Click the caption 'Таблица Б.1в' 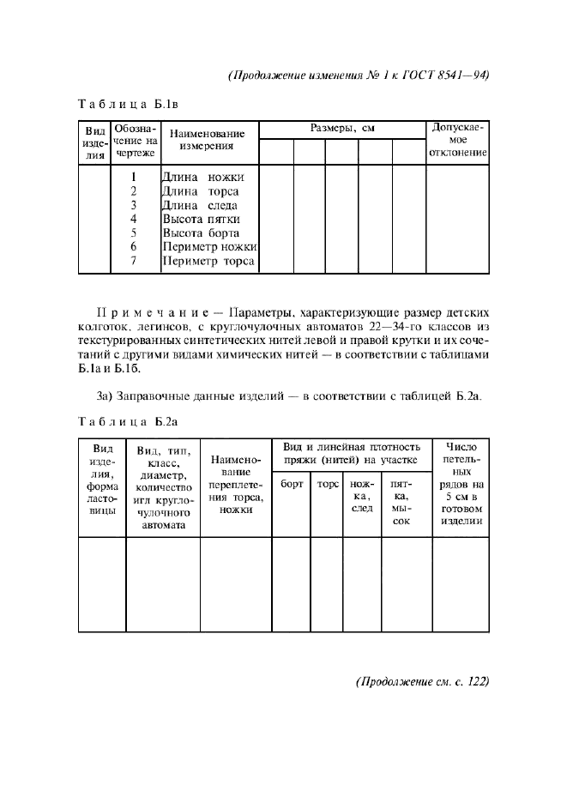[x=127, y=106]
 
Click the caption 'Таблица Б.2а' [x=127, y=421]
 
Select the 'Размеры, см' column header [x=342, y=129]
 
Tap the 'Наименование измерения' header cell [x=208, y=140]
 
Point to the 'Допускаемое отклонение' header [x=458, y=142]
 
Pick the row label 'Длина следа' [x=200, y=205]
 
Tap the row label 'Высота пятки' [x=202, y=219]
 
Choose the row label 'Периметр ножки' [x=209, y=247]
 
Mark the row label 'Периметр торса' [x=208, y=261]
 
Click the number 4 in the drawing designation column [x=134, y=219]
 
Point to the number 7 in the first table [x=134, y=261]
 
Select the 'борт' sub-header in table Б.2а [x=292, y=484]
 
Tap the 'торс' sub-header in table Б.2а [x=327, y=484]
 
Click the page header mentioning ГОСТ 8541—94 [x=359, y=74]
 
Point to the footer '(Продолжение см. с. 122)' [x=421, y=682]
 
